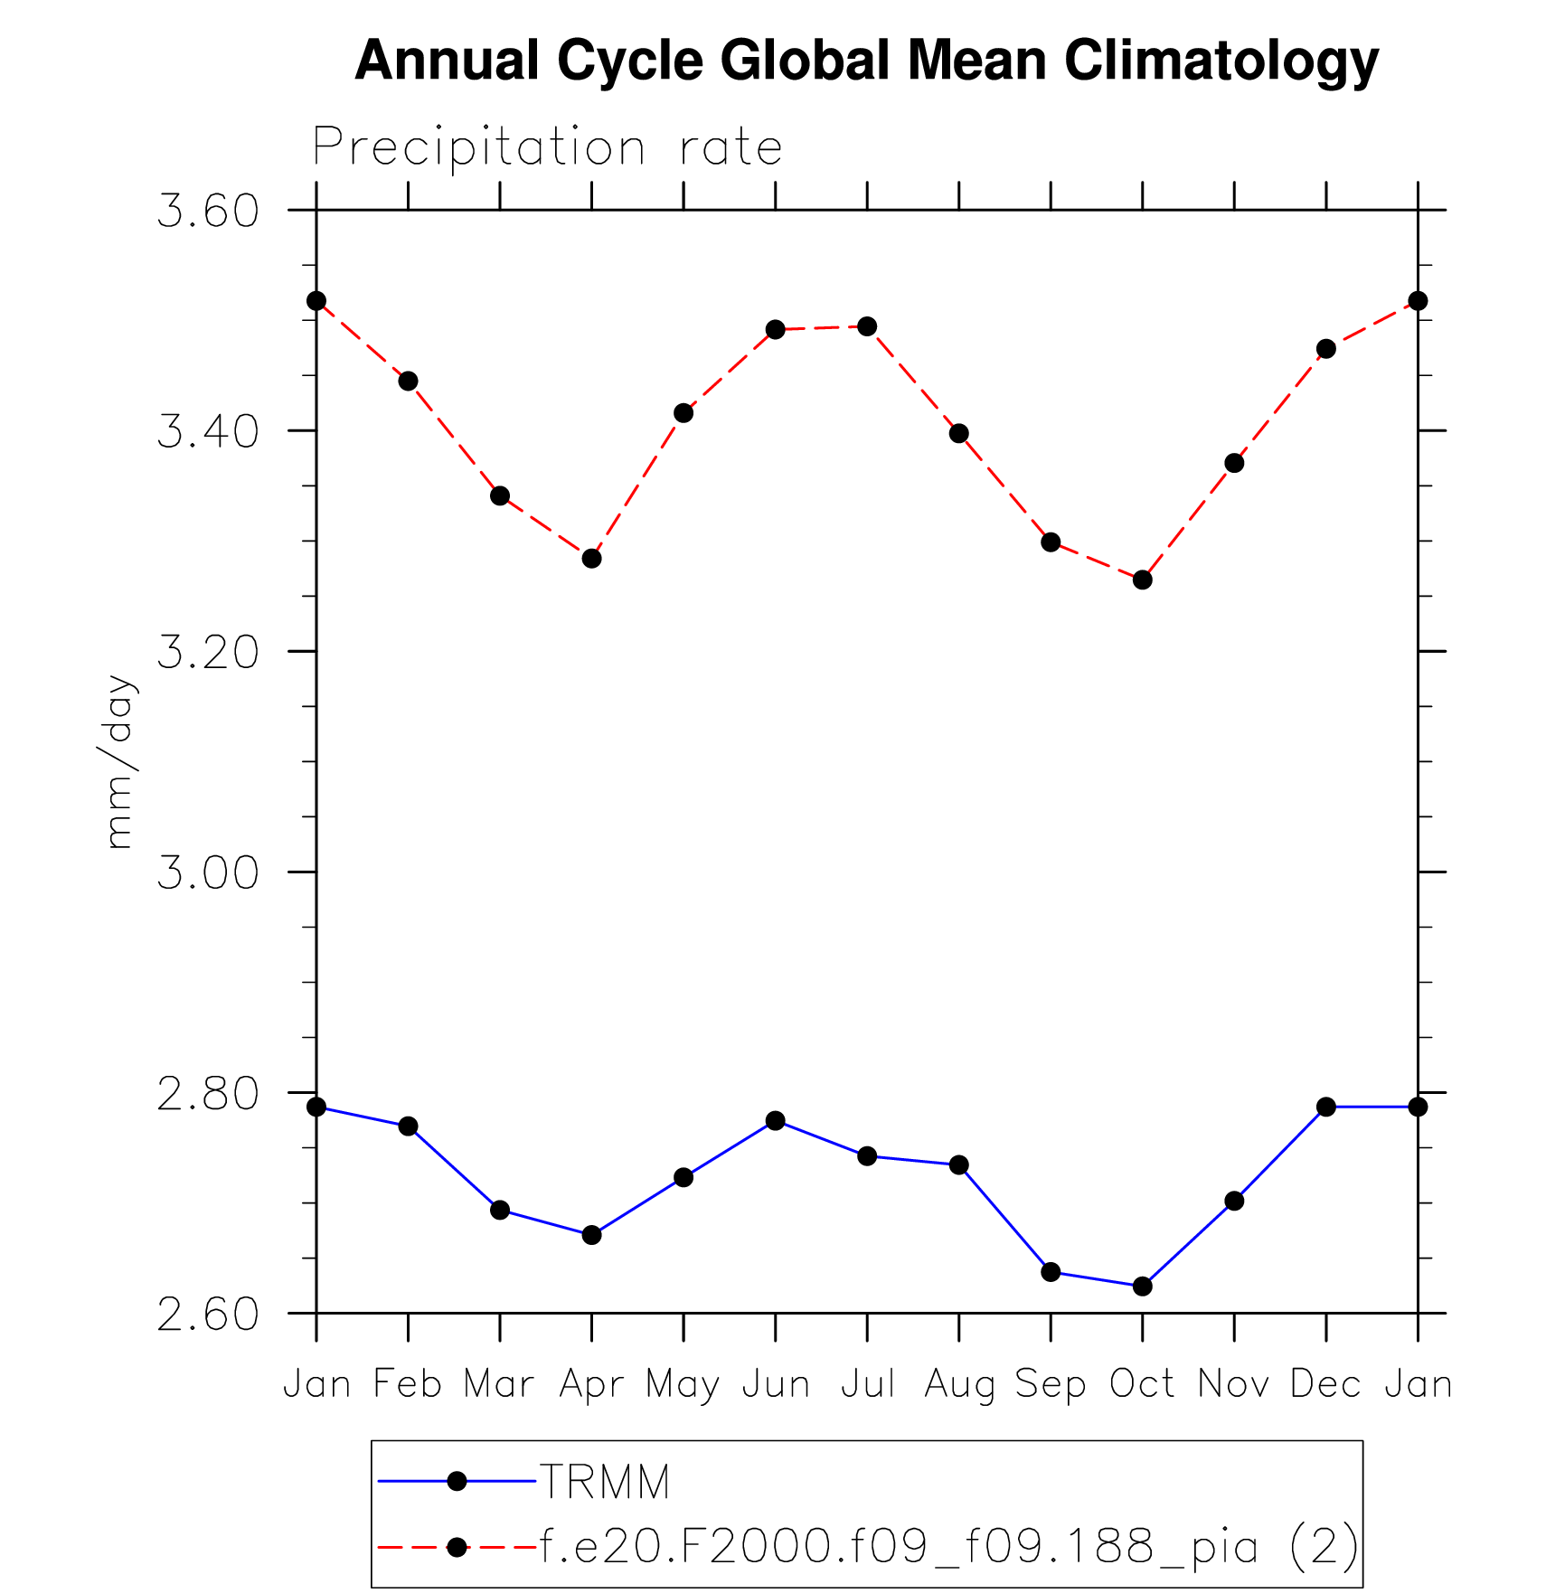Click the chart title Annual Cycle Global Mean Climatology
[x=866, y=61]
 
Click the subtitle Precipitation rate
[x=547, y=147]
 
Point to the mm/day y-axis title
[x=118, y=761]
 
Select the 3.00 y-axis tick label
[x=208, y=872]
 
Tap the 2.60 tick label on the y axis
[x=208, y=1315]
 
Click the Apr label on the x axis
[x=591, y=1384]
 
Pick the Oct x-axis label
[x=1142, y=1384]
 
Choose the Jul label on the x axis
[x=867, y=1384]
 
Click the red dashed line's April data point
[x=591, y=559]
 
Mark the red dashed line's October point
[x=1142, y=580]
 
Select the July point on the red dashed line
[x=867, y=326]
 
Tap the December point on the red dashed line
[x=1325, y=349]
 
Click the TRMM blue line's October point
[x=1142, y=1286]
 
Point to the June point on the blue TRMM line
[x=775, y=1121]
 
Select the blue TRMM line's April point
[x=591, y=1235]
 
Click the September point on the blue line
[x=1051, y=1272]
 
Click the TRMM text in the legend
[x=604, y=1482]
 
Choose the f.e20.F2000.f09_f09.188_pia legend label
[x=948, y=1546]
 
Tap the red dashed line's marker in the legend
[x=457, y=1547]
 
